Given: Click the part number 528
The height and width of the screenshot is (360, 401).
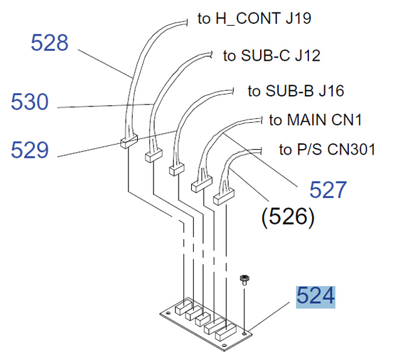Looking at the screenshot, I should pos(49,43).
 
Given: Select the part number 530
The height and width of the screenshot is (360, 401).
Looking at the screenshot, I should pos(29,101).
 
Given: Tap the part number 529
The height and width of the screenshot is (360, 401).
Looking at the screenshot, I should pos(29,150).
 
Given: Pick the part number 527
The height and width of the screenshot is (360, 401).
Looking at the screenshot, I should pos(328,190).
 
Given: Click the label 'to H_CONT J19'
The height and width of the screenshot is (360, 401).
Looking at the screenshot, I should pos(254,18).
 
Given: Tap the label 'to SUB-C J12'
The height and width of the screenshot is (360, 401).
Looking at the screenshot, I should pos(272,56).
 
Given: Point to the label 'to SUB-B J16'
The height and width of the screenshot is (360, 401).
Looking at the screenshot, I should pos(296,91).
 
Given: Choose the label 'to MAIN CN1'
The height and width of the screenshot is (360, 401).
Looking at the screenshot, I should pos(316,120).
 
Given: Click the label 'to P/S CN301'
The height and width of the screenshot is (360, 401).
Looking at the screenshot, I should pos(327,150).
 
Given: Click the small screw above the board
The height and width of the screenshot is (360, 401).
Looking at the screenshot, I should pos(245,279).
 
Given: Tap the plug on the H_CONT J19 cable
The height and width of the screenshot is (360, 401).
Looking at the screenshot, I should pos(127,143).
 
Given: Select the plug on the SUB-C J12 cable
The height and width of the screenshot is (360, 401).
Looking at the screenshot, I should pos(154,155).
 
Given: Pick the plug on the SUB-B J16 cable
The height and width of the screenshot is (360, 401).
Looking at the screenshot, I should pos(177,168).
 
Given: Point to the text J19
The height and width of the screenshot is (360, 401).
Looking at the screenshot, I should pos(298,18).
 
